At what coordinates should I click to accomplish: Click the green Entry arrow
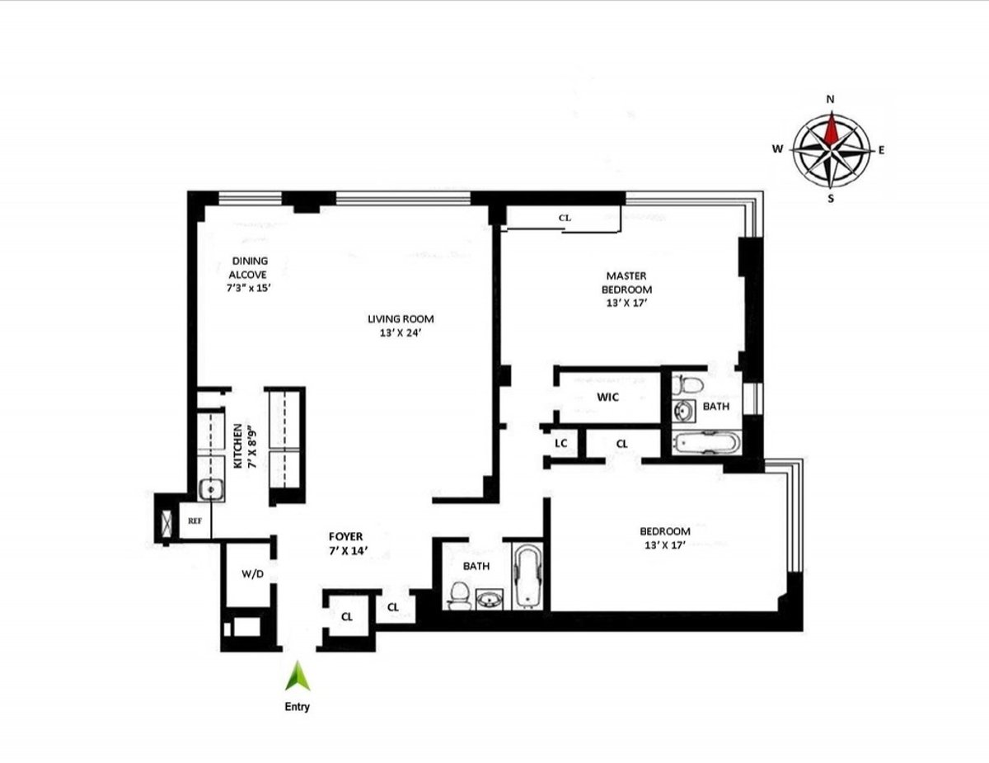click(x=297, y=677)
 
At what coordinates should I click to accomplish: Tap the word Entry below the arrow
click(x=297, y=707)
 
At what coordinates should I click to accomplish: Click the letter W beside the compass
click(x=776, y=149)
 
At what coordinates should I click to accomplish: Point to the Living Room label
click(x=401, y=319)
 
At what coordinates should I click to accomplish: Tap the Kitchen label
click(x=237, y=445)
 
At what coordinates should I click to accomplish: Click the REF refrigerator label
click(x=195, y=521)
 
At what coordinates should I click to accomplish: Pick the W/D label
click(x=252, y=574)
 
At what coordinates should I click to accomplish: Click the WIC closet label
click(x=608, y=398)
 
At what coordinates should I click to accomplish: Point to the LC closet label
click(x=561, y=444)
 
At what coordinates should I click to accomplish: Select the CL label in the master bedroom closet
click(x=565, y=218)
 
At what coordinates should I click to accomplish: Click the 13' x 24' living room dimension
click(x=401, y=334)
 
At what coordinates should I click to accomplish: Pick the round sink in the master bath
click(x=683, y=410)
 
